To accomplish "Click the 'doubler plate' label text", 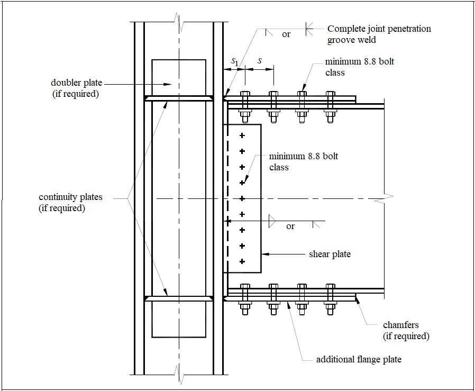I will tap(77, 83).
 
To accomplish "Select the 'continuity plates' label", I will tap(70, 197).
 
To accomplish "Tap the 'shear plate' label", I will tap(330, 254).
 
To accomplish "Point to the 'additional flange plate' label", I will tap(359, 360).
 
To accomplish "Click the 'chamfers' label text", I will tap(400, 325).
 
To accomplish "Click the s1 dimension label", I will tap(235, 62).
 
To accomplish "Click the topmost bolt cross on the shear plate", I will tap(242, 136).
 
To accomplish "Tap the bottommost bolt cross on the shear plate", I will tap(242, 261).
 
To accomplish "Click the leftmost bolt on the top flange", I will tap(245, 106).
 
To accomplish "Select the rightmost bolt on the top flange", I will tap(331, 106).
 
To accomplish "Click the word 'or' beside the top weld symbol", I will tap(286, 34).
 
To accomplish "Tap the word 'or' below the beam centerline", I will tap(290, 226).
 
